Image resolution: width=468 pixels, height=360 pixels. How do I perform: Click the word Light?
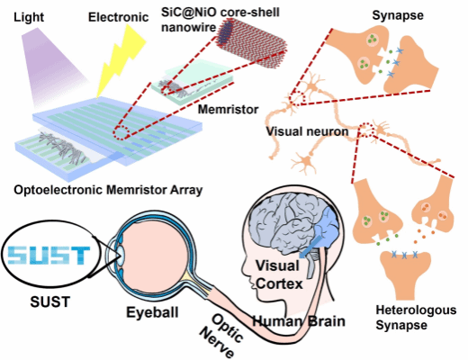[x=29, y=17]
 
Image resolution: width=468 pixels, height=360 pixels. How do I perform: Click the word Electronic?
[x=118, y=17]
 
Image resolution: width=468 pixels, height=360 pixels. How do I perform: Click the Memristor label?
[x=228, y=110]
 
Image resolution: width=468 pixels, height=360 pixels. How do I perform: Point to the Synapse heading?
[x=398, y=15]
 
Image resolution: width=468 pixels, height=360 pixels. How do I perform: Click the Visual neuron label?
[x=307, y=131]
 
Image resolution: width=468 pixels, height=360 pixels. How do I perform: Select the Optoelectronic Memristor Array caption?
[x=108, y=190]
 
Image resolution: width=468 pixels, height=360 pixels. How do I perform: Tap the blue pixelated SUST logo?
[x=49, y=256]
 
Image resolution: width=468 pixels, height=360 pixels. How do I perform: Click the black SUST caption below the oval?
[x=50, y=301]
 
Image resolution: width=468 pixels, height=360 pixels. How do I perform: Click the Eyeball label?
[x=152, y=312]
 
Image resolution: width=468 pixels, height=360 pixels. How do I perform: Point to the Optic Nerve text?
[x=222, y=336]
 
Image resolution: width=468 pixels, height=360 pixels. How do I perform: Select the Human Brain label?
[x=299, y=321]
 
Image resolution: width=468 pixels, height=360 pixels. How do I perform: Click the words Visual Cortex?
[x=279, y=274]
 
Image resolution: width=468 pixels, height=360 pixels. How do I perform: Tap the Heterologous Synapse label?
[x=416, y=318]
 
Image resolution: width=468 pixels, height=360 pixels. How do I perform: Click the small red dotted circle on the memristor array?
[x=121, y=132]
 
